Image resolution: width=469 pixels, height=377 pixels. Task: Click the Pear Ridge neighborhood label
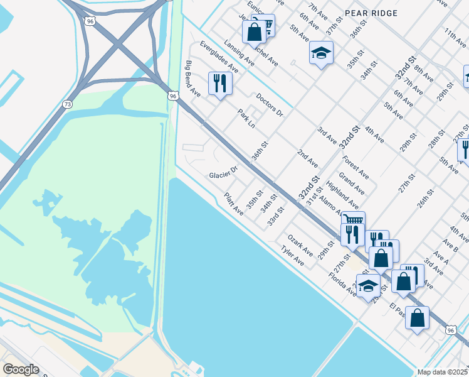pyautogui.click(x=371, y=12)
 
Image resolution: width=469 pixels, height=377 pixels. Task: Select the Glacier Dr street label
pyautogui.click(x=224, y=171)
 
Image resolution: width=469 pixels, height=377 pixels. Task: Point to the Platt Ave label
pyautogui.click(x=234, y=204)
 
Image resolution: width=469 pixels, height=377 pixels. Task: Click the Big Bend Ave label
pyautogui.click(x=192, y=79)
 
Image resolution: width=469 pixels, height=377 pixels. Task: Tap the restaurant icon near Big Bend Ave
pyautogui.click(x=220, y=83)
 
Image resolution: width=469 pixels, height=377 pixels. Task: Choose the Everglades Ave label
pyautogui.click(x=219, y=57)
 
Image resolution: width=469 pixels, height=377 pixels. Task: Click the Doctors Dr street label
pyautogui.click(x=270, y=105)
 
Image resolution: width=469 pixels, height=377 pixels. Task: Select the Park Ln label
pyautogui.click(x=246, y=119)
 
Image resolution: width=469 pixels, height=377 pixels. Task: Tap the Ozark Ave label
pyautogui.click(x=300, y=245)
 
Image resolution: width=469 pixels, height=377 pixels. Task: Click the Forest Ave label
pyautogui.click(x=356, y=167)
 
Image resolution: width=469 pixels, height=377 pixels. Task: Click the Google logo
pyautogui.click(x=21, y=369)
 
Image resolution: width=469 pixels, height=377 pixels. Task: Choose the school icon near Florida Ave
pyautogui.click(x=368, y=285)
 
